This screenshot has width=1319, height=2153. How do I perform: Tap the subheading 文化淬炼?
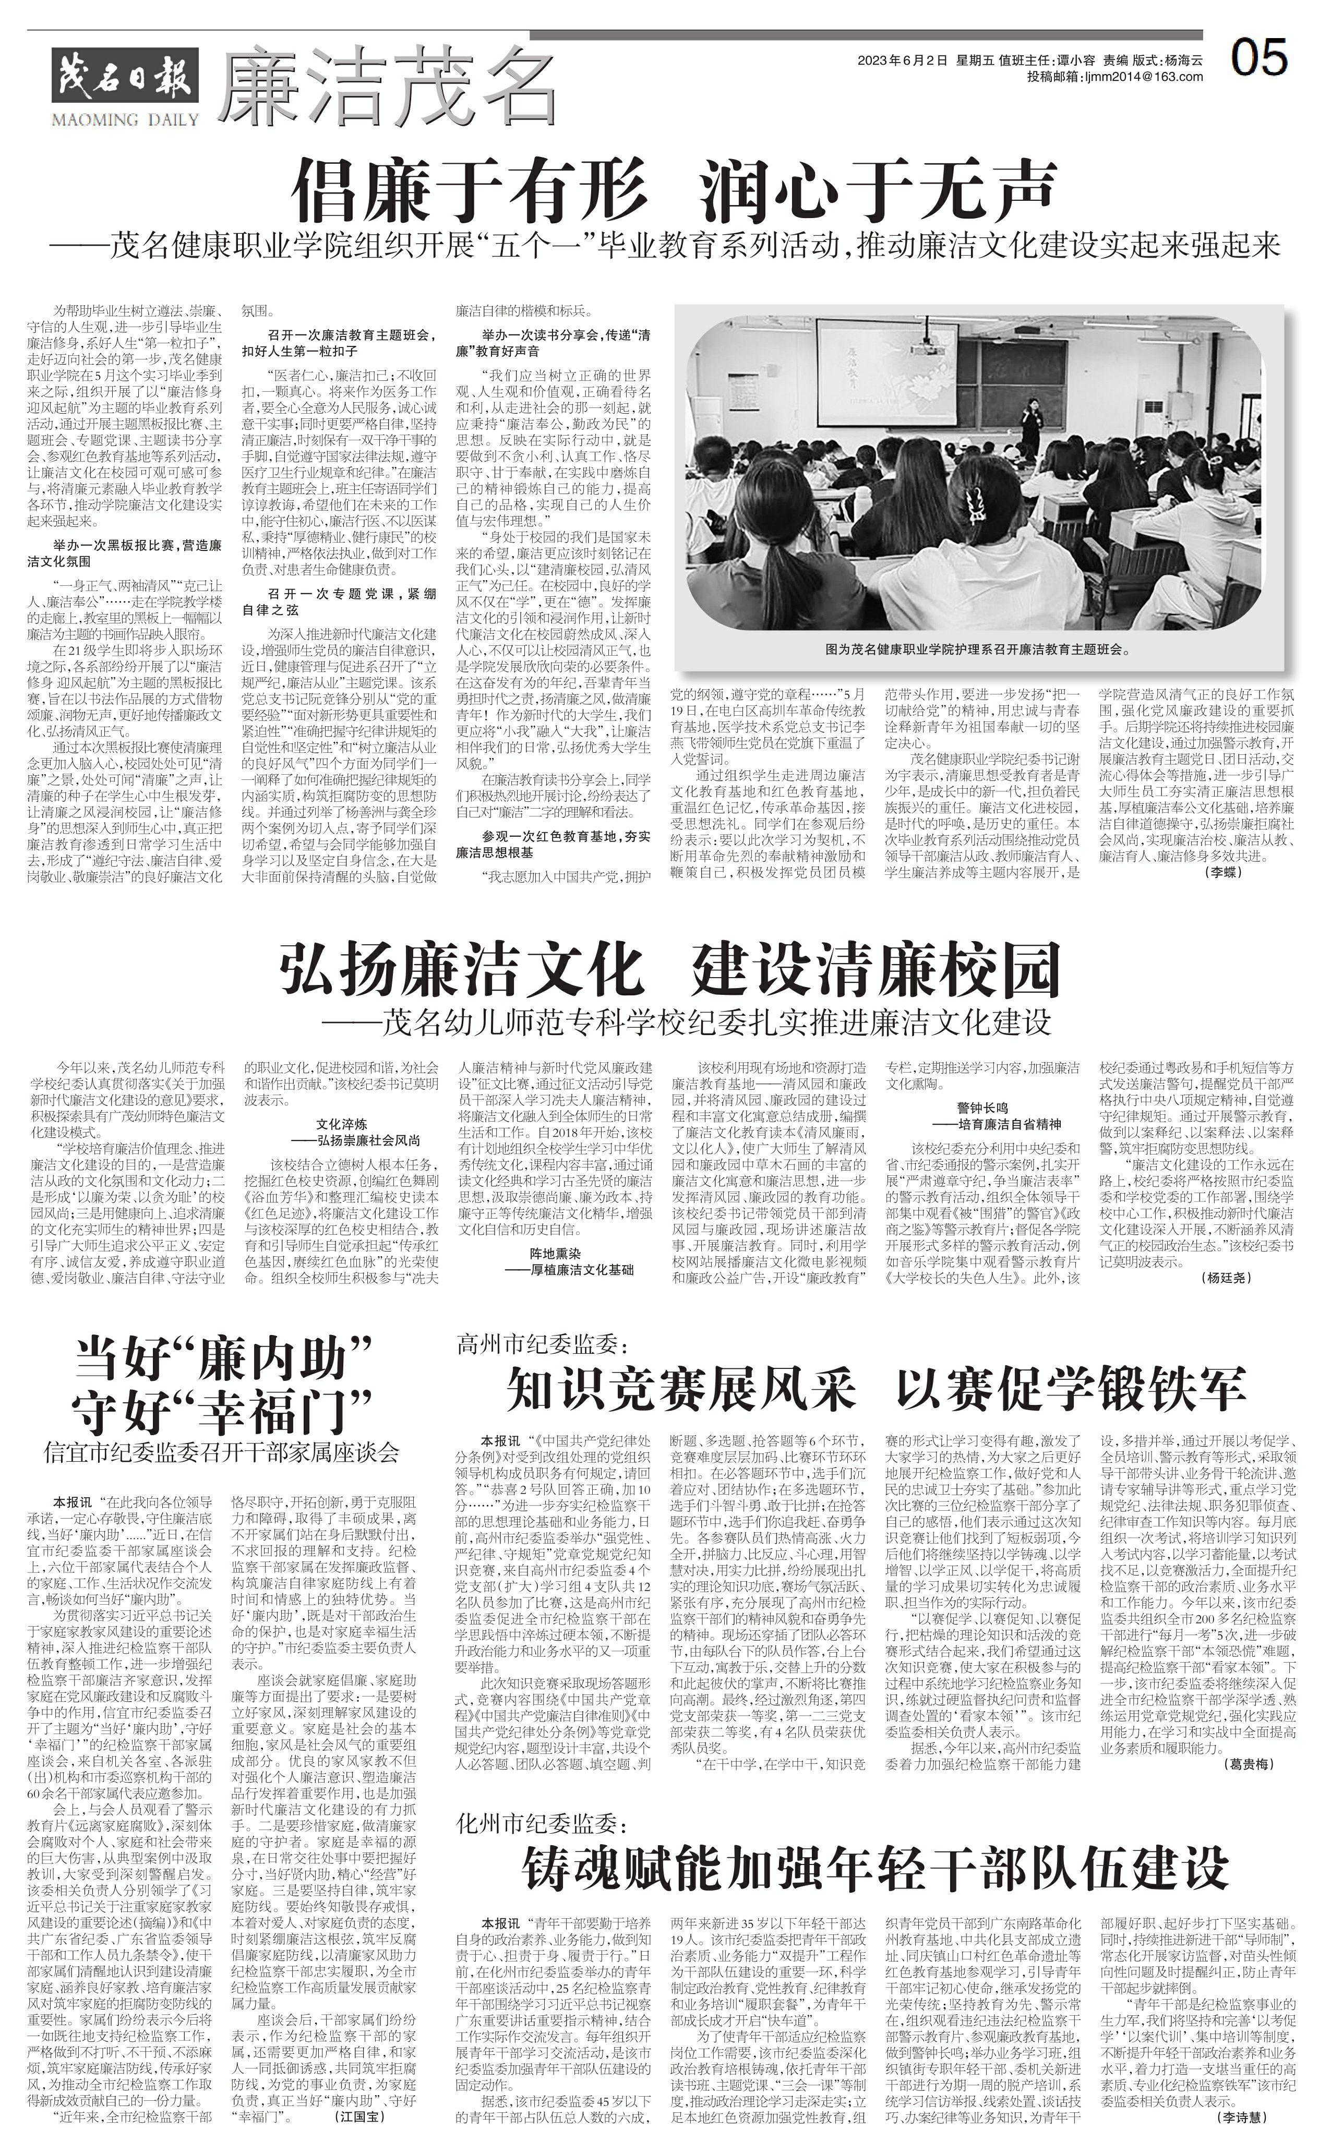click(x=339, y=1125)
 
